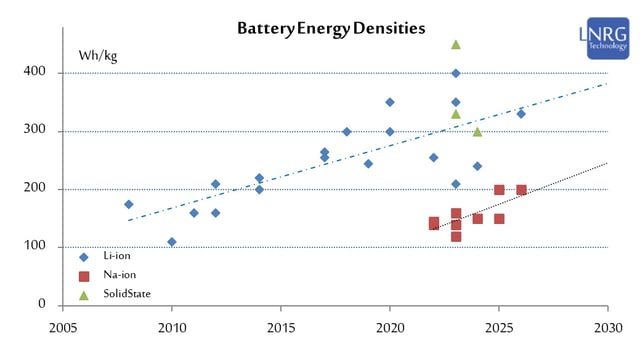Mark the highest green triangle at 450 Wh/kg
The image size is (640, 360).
tap(456, 44)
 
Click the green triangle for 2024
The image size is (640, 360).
tap(477, 131)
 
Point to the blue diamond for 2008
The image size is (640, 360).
tap(128, 204)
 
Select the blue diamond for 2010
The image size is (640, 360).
tap(172, 241)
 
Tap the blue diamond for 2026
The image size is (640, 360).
tap(521, 114)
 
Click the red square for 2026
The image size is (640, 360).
tap(521, 190)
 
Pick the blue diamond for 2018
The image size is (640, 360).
tap(347, 131)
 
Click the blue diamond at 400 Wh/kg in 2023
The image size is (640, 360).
tap(456, 73)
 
